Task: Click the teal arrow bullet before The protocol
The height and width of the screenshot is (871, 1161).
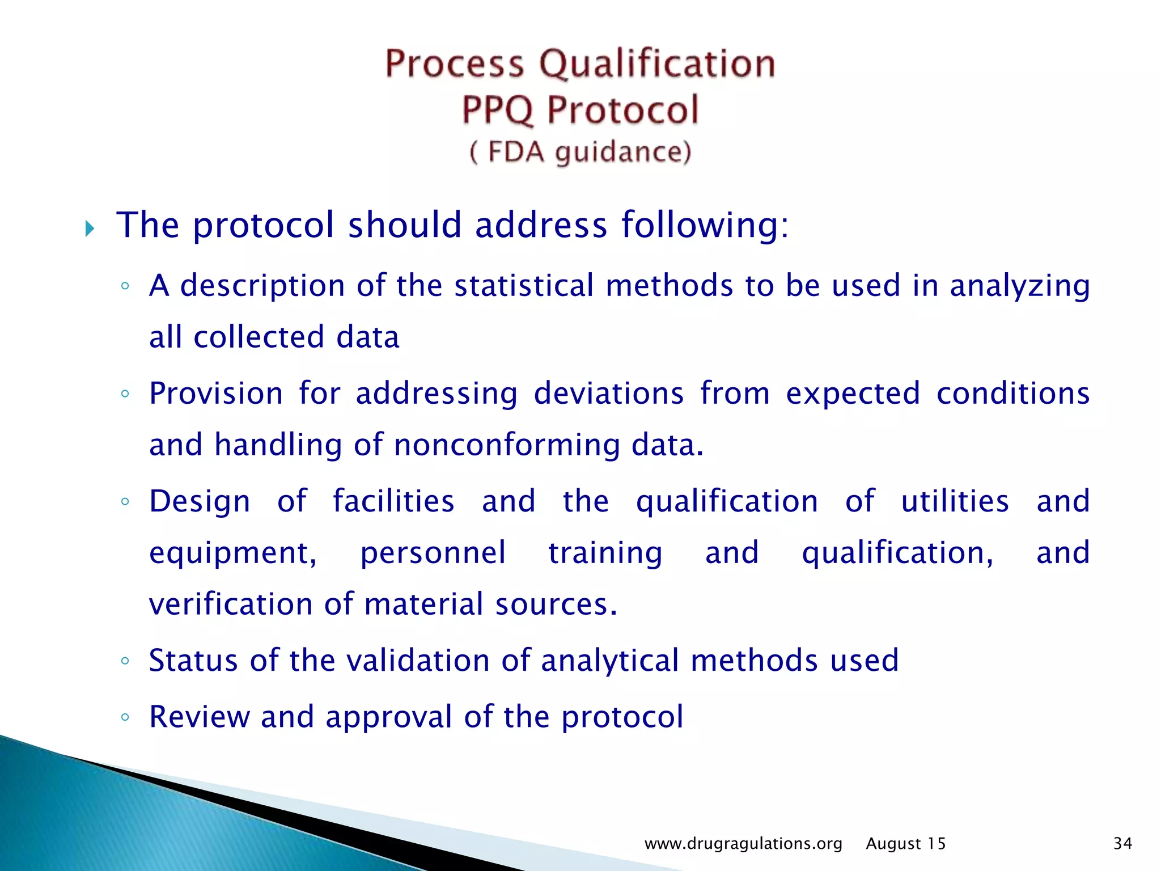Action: click(x=90, y=229)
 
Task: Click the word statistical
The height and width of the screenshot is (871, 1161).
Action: click(x=524, y=285)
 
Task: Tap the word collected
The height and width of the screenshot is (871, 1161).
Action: click(x=259, y=337)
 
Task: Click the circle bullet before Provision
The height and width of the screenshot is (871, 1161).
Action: click(x=125, y=394)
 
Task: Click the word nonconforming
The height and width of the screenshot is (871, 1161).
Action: click(x=506, y=445)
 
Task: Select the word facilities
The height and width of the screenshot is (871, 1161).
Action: click(x=393, y=501)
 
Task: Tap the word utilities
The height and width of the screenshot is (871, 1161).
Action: click(x=955, y=501)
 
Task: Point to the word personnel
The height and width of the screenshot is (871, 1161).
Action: click(x=433, y=553)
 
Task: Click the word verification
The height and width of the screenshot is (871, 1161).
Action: click(x=230, y=603)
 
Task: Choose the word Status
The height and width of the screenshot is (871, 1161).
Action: click(x=193, y=660)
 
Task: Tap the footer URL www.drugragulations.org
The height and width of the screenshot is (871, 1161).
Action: click(x=743, y=844)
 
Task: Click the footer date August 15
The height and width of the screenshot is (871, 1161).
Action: click(x=905, y=844)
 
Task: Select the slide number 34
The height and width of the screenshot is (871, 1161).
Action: click(x=1122, y=844)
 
